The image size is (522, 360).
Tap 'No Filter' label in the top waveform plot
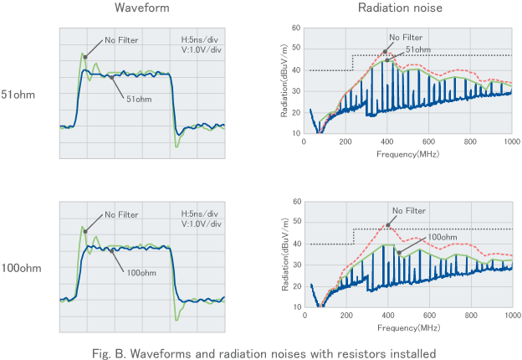click(122, 39)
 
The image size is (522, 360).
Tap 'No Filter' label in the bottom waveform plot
click(122, 215)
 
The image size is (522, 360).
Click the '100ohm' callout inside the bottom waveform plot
click(141, 272)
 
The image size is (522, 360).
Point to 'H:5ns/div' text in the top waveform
click(201, 39)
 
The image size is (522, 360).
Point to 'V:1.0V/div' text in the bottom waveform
click(202, 224)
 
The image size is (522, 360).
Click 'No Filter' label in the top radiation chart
click(406, 37)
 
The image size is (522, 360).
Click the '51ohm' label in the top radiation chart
click(419, 50)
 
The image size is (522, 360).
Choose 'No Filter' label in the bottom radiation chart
click(407, 211)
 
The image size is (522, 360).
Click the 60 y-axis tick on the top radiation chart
click(297, 28)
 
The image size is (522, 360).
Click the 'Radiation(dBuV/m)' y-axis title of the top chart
click(285, 80)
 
